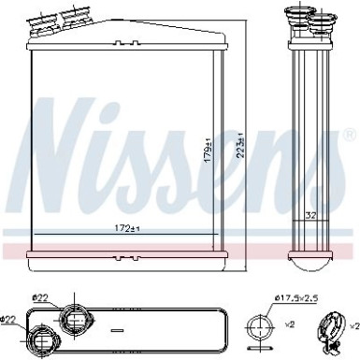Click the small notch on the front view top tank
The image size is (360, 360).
click(x=167, y=32)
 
